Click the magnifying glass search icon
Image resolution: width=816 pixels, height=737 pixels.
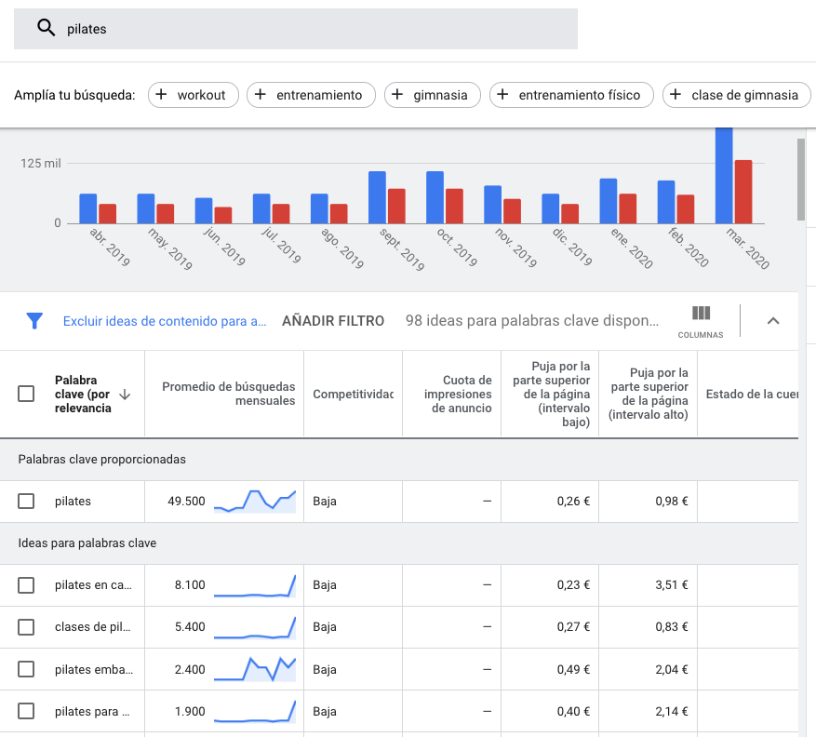(46, 28)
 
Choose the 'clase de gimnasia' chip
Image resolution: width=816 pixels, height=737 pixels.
(735, 95)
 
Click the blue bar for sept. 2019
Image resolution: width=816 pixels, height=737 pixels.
(377, 197)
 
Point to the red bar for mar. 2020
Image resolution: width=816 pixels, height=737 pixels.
(742, 191)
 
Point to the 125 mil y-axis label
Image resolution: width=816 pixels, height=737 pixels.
(41, 164)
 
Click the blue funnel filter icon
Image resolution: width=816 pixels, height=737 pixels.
(34, 321)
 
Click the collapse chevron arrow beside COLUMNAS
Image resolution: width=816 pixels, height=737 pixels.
(772, 321)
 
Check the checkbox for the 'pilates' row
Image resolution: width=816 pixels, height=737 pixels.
(26, 502)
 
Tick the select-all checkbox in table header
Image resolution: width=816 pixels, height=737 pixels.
(26, 394)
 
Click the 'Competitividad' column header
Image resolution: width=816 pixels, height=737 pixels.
(353, 395)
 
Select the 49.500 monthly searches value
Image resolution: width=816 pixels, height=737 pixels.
(186, 502)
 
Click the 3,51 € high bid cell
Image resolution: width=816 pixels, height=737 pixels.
(671, 585)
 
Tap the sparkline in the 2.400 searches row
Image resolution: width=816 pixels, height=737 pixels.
(254, 668)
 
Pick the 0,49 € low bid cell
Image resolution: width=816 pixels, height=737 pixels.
(573, 669)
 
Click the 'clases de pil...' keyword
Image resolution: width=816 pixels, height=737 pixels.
(91, 627)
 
